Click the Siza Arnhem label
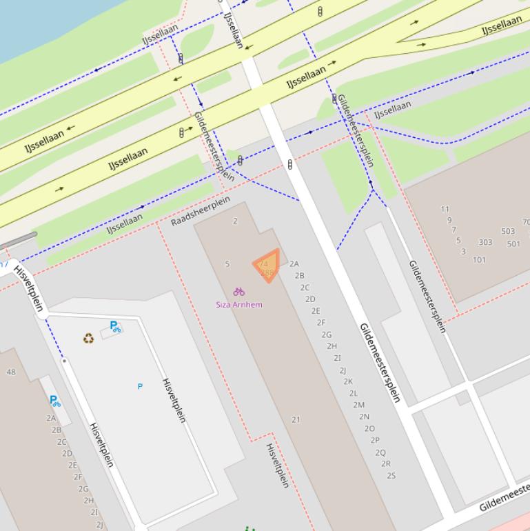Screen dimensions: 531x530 (238, 304)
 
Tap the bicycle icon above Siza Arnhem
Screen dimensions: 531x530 (238, 292)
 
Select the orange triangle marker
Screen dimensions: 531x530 (267, 265)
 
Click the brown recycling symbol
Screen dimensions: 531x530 (88, 338)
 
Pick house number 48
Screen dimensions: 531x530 (10, 372)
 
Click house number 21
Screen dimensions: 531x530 (296, 419)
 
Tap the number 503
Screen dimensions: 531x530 (508, 232)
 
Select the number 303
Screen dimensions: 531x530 (485, 243)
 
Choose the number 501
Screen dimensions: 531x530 (513, 244)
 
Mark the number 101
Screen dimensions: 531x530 (479, 260)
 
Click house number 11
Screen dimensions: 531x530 (445, 209)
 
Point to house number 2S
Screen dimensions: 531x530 (391, 475)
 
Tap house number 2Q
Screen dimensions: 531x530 (380, 452)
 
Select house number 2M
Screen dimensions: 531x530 (358, 405)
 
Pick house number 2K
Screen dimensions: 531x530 (348, 381)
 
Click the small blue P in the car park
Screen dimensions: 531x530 (140, 386)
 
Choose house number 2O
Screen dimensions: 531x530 (369, 428)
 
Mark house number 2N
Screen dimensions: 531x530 (364, 417)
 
